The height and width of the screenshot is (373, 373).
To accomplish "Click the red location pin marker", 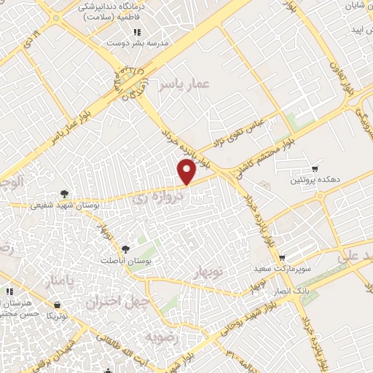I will pos(187,172).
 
